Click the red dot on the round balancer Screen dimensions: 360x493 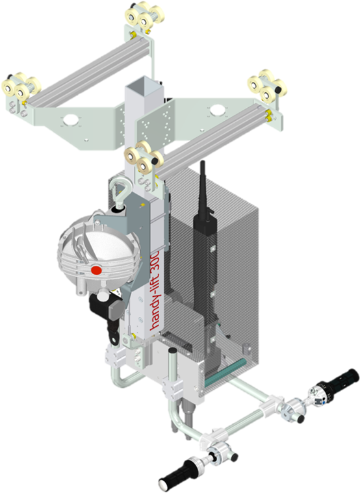[x=96, y=270]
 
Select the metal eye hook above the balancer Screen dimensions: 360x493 [x=120, y=191]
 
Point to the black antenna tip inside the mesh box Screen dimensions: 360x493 [x=203, y=164]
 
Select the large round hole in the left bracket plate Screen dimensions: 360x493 [x=71, y=119]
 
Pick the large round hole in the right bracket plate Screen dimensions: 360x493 [x=216, y=110]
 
